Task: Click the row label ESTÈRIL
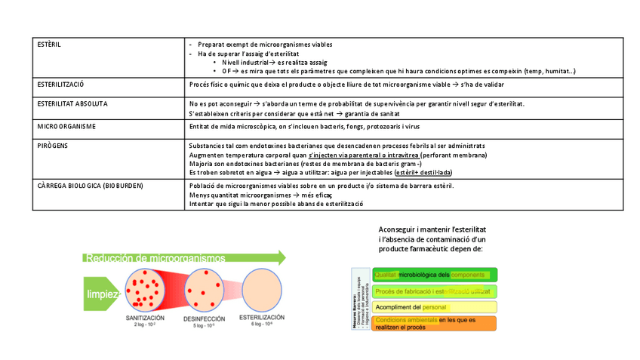click(x=49, y=45)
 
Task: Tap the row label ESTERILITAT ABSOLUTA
click(x=72, y=104)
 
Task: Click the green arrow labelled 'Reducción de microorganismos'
click(x=185, y=258)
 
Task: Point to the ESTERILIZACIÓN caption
click(x=263, y=319)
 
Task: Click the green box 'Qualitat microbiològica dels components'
click(x=434, y=275)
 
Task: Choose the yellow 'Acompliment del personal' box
click(x=434, y=307)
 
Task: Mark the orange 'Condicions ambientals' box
click(x=434, y=323)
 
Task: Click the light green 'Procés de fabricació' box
click(x=434, y=291)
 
